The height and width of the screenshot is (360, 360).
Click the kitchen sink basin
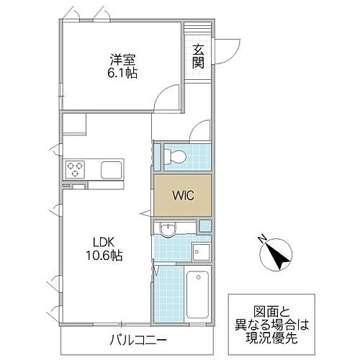tap(112, 171)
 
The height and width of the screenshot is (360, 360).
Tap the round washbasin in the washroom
tap(167, 230)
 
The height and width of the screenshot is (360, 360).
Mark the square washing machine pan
tap(200, 252)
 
